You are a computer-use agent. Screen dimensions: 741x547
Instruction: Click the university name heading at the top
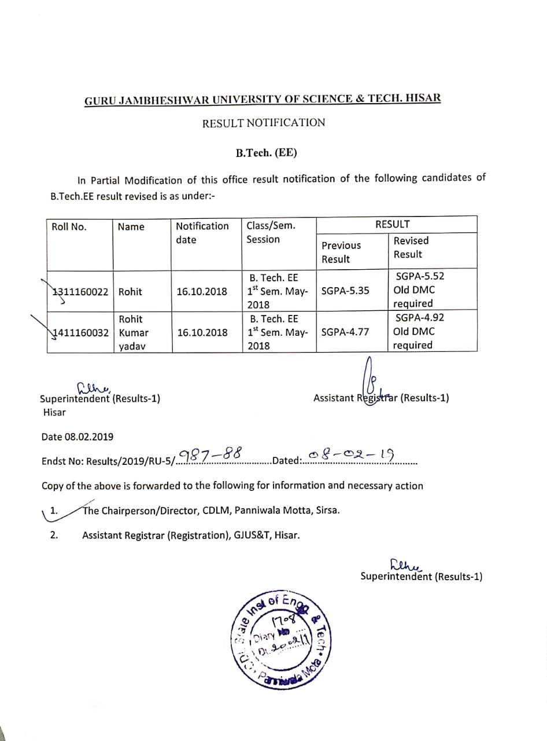pos(263,99)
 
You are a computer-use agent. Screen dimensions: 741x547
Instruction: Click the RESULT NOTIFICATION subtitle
pos(264,123)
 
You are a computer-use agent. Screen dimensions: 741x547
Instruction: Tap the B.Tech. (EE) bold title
pos(266,153)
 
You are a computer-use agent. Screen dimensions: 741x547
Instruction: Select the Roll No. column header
pos(69,227)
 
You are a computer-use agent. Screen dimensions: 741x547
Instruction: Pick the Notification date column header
pos(202,233)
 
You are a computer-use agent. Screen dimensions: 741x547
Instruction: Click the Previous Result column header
pos(341,252)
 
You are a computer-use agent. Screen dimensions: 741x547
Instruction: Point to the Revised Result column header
pos(411,247)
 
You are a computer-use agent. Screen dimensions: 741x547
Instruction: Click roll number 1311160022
pos(81,292)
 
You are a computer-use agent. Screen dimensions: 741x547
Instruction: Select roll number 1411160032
pos(81,333)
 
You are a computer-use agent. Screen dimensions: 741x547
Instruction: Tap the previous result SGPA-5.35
pos(345,291)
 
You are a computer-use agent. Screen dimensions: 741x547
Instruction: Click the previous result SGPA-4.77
pos(345,332)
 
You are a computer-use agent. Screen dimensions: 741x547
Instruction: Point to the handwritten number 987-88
pos(210,456)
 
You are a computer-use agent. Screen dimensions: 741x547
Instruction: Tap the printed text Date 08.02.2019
pos(77,436)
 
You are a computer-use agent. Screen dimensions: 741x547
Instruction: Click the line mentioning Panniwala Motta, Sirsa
pos(211,511)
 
